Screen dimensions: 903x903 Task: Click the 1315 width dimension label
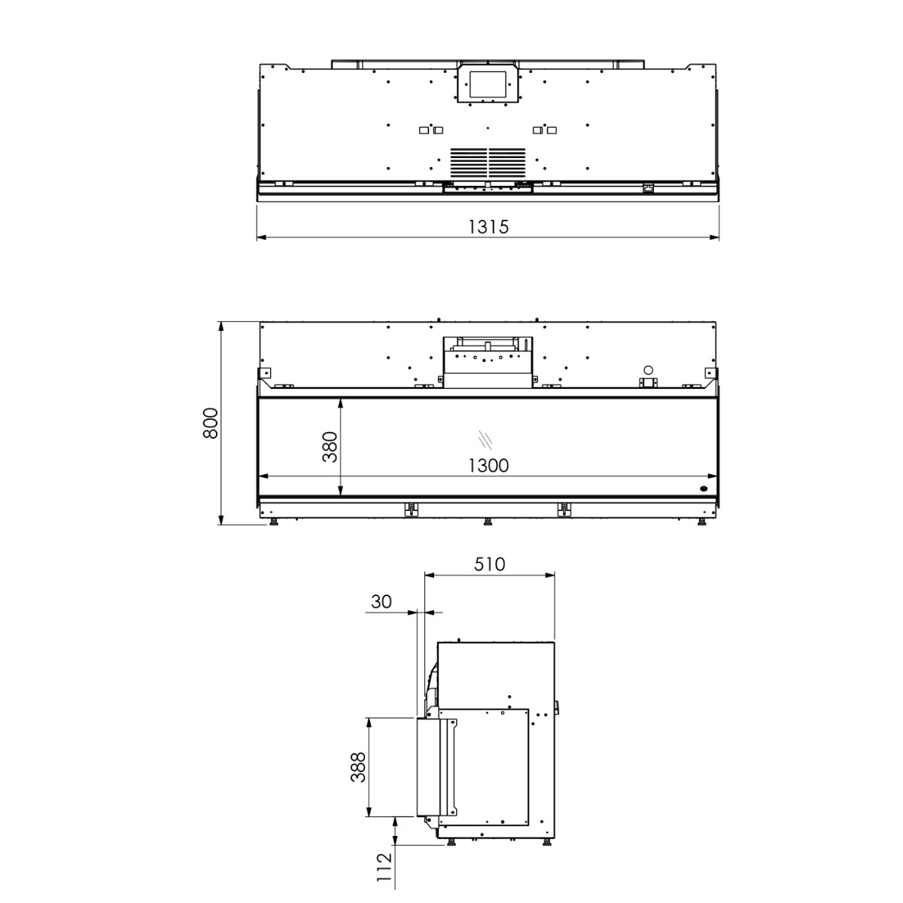[x=488, y=227]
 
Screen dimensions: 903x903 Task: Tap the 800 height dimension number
[x=211, y=423]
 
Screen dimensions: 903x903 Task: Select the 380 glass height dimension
[x=330, y=446]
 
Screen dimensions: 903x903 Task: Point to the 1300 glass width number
[x=488, y=465]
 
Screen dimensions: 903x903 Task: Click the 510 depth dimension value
[x=489, y=564]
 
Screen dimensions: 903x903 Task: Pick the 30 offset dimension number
[x=381, y=602]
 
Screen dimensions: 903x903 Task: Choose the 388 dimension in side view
[x=358, y=767]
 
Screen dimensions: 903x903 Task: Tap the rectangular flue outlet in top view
[x=488, y=84]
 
